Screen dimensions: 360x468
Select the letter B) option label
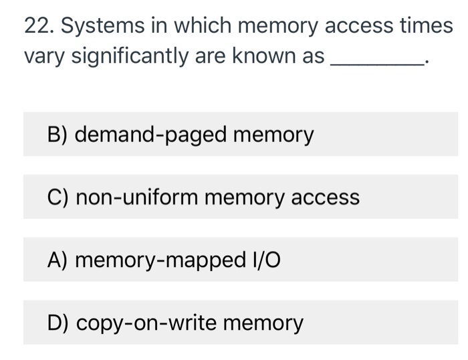pyautogui.click(x=58, y=134)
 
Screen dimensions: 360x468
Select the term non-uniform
pyautogui.click(x=136, y=197)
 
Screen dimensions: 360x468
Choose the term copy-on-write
pyautogui.click(x=146, y=323)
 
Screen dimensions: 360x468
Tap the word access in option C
pyautogui.click(x=326, y=197)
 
